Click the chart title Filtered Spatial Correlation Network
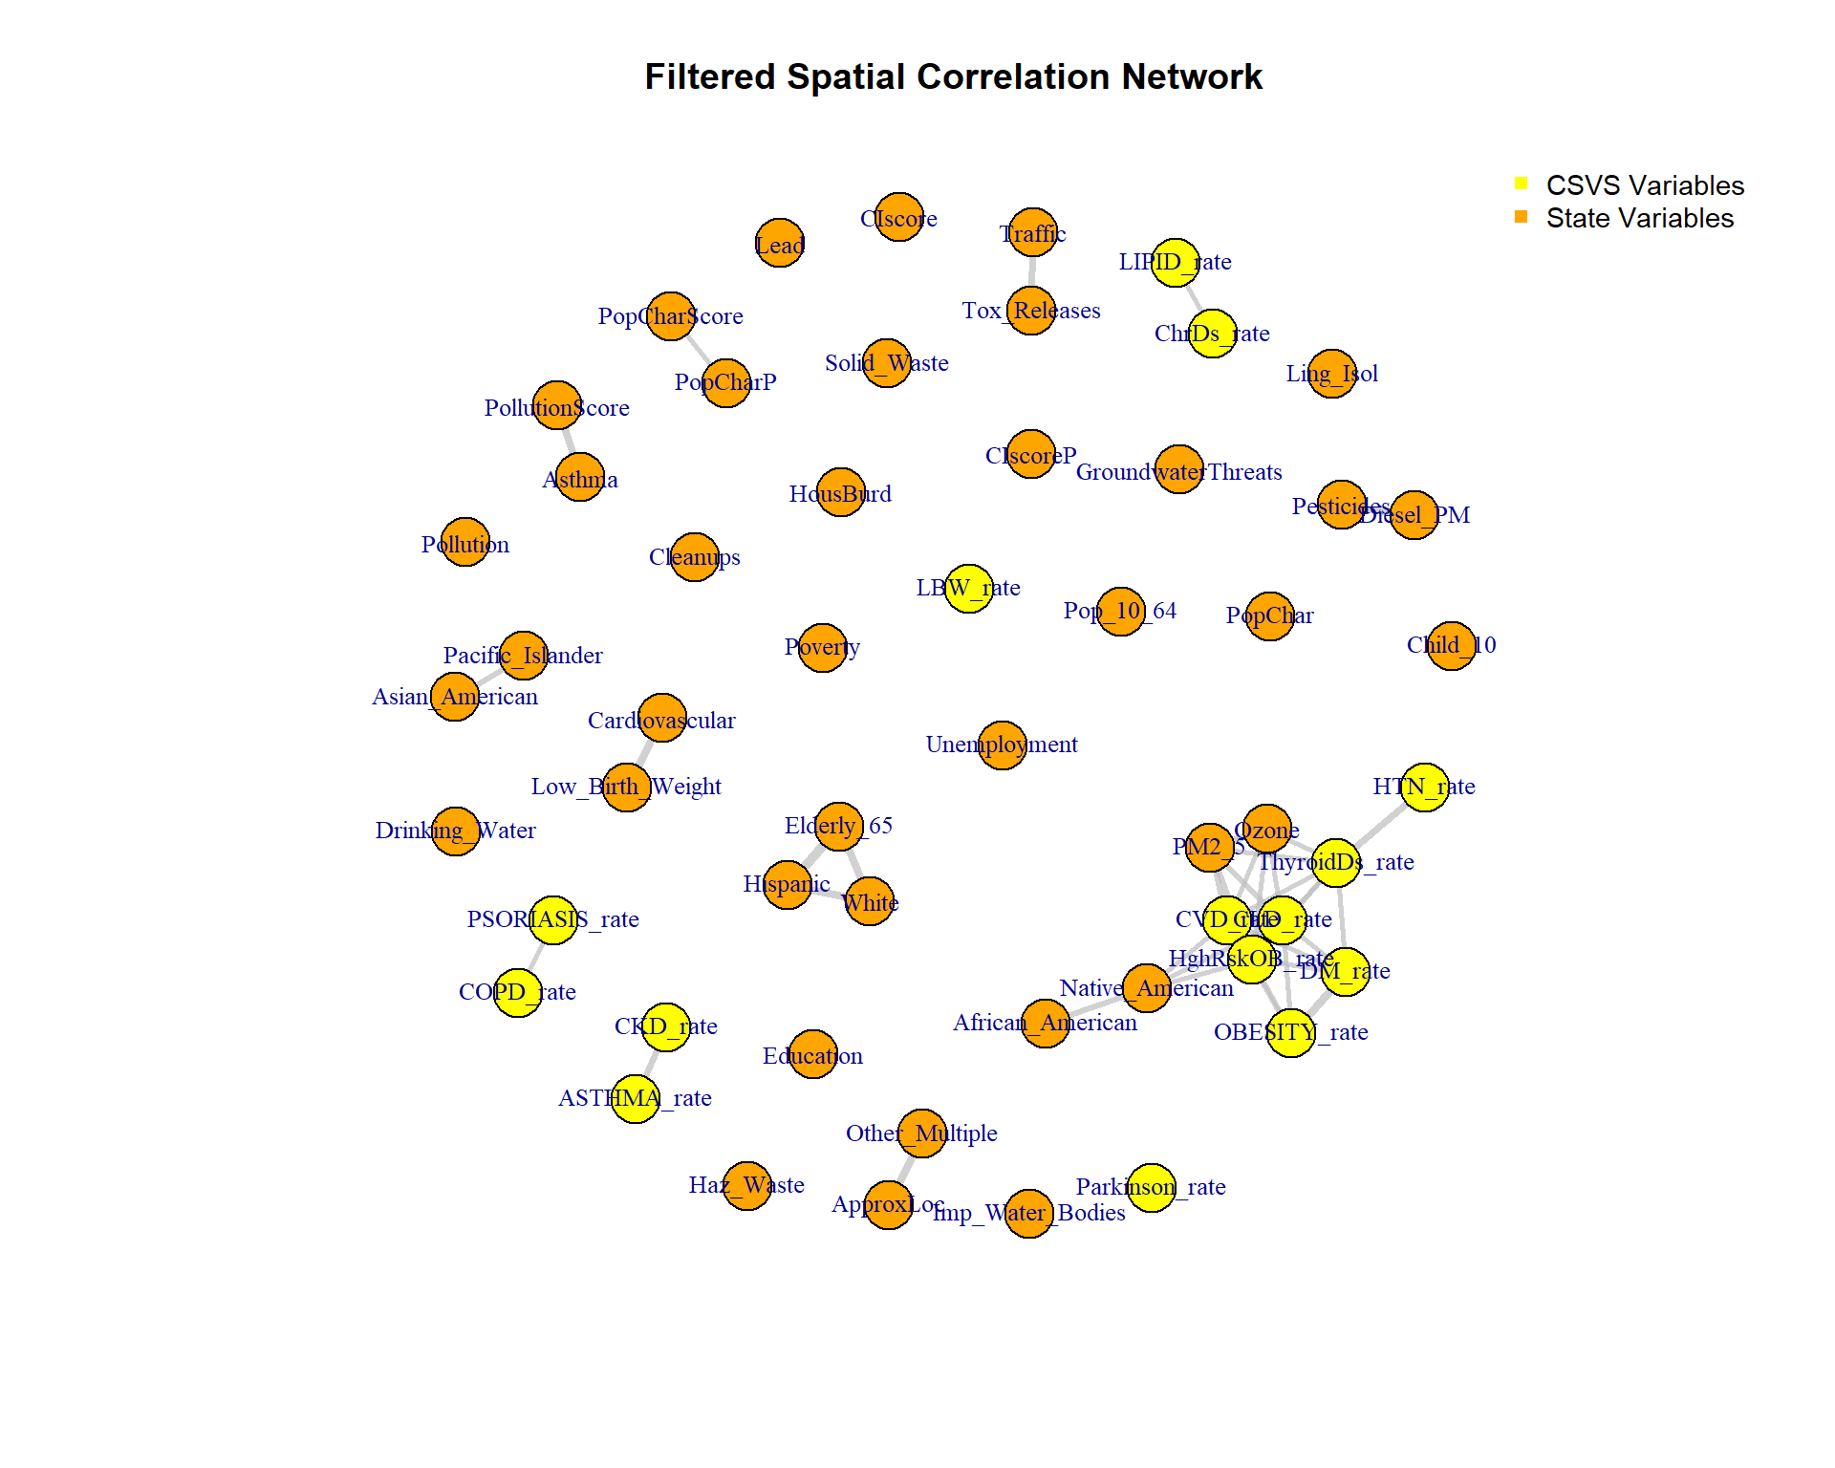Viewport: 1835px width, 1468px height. (953, 76)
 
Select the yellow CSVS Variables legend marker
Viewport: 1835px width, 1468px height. (1521, 183)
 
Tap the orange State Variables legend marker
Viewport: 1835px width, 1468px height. (1521, 217)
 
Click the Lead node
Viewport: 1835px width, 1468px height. (780, 244)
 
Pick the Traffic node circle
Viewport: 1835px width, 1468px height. (1033, 232)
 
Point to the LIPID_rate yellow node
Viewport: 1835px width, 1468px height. (1175, 263)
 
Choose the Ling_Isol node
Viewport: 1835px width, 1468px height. (1332, 374)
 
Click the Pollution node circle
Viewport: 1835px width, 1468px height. (465, 542)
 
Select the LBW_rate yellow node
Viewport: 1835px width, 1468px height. (968, 588)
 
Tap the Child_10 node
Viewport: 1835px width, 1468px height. (1451, 646)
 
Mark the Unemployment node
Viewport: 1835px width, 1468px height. (1003, 745)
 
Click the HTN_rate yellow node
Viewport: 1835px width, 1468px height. (1425, 787)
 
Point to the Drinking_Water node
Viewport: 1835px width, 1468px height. (455, 831)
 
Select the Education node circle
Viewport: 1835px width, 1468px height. (813, 1053)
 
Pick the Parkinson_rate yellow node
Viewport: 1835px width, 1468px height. (1152, 1187)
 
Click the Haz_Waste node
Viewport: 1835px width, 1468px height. (746, 1186)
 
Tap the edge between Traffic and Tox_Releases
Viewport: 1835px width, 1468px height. (1032, 271)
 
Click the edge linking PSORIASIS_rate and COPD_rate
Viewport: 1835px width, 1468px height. (536, 956)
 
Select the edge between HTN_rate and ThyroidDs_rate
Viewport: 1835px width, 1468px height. (1380, 825)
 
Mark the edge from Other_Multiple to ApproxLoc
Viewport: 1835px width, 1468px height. (906, 1169)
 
